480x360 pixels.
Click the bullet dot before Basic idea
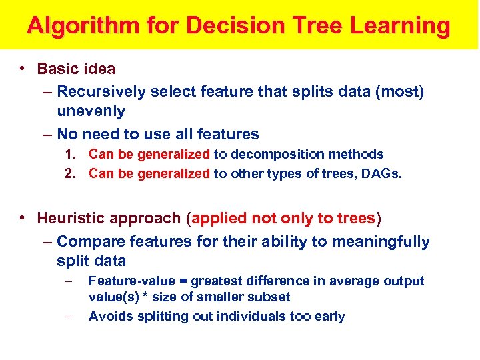[23, 69]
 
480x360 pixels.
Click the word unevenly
[91, 111]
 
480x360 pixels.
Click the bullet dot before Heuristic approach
[23, 218]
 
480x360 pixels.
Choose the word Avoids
[111, 317]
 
